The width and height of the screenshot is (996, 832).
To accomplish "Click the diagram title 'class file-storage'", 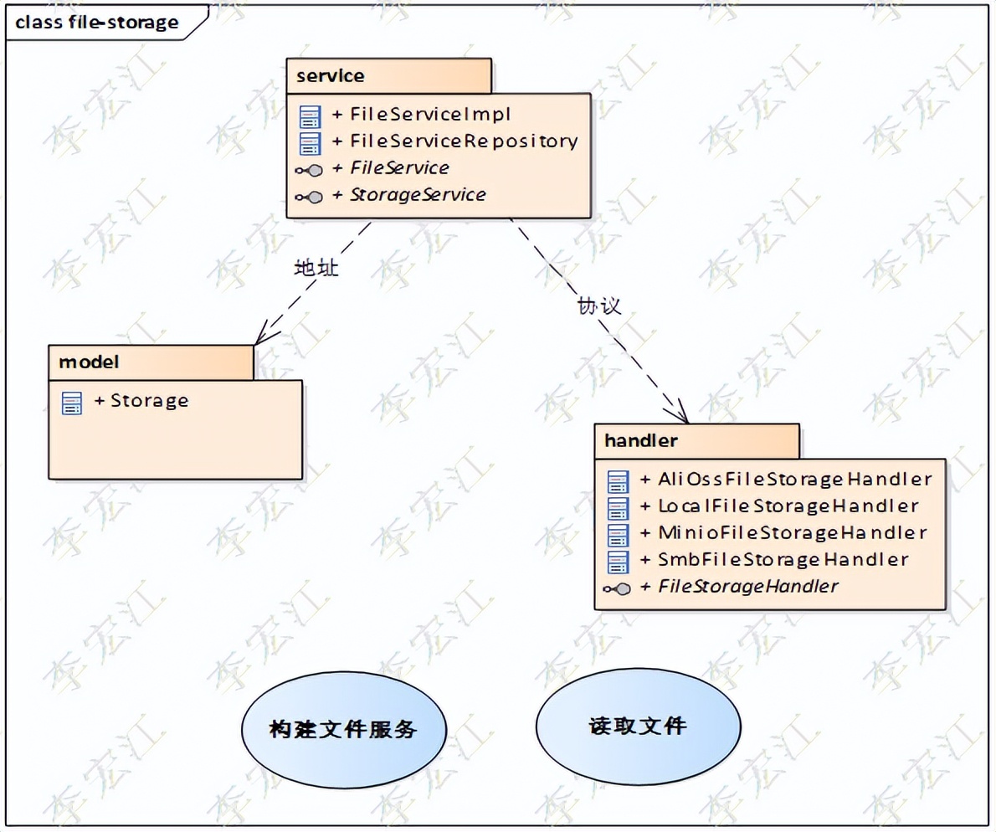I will click(97, 23).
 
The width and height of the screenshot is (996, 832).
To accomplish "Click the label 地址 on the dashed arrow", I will click(316, 269).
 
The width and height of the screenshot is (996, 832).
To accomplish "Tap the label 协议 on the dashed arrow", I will click(598, 306).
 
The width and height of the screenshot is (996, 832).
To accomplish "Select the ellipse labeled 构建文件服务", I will click(343, 729).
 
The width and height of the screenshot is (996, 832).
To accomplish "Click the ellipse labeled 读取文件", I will click(638, 725).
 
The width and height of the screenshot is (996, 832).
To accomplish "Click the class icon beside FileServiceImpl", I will click(311, 116).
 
